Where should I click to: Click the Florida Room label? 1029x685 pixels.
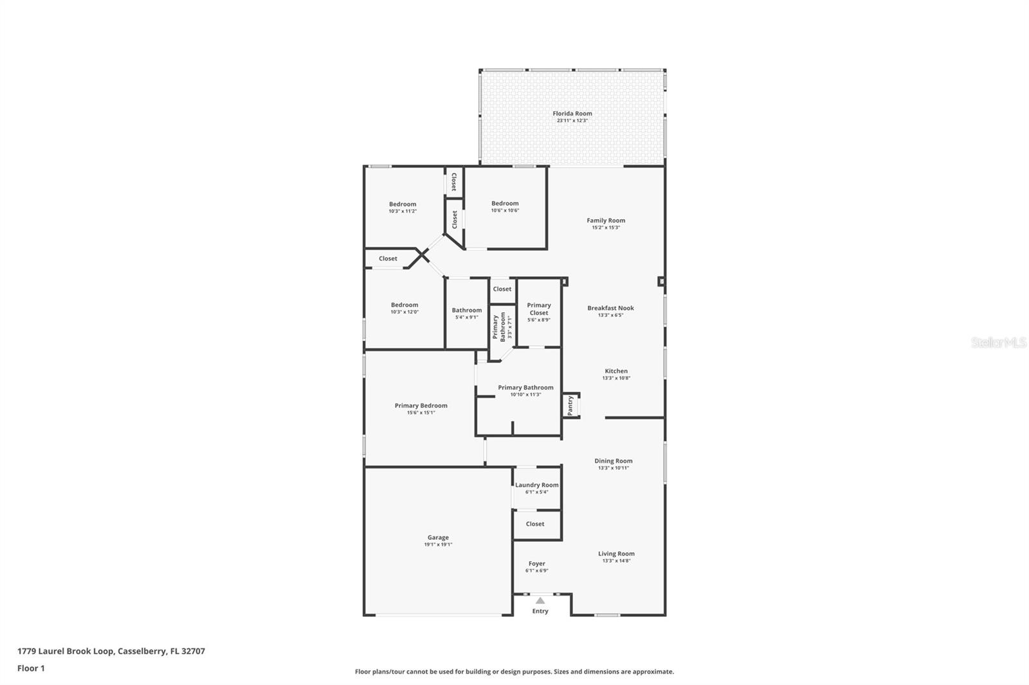572,114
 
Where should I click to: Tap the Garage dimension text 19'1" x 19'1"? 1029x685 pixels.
438,545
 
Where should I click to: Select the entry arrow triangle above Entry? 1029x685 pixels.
540,601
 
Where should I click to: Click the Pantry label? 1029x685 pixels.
570,405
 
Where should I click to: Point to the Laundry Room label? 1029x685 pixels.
536,485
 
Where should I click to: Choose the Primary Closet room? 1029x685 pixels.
539,312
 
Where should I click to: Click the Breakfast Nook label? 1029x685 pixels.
610,308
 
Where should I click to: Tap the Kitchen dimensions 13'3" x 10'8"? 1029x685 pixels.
616,378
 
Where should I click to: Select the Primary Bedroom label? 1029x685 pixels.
421,405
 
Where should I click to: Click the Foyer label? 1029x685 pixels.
536,564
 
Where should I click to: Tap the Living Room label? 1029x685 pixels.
616,553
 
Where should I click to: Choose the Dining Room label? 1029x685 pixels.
613,461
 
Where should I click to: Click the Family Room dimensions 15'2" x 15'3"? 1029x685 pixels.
606,227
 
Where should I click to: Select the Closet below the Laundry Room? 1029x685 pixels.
535,524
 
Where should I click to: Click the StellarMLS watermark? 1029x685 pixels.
998,343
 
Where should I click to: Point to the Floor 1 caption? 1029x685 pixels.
31,668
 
